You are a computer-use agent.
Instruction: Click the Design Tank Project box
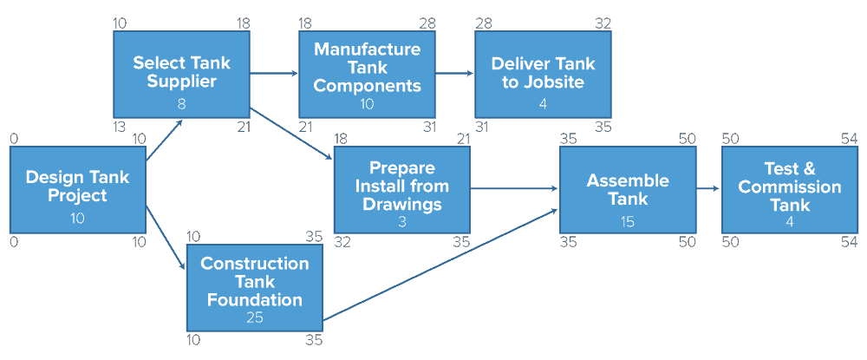click(x=77, y=189)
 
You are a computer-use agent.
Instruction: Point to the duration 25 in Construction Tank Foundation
click(x=254, y=317)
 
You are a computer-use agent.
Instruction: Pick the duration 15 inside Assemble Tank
click(x=628, y=222)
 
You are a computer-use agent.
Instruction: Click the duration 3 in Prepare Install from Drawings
click(x=401, y=221)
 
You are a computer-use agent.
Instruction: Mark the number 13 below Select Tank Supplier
click(x=120, y=127)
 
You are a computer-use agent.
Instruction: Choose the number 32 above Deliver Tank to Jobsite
click(x=603, y=23)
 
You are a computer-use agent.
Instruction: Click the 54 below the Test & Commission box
click(x=849, y=242)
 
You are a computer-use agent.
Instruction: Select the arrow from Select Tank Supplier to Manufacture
click(x=274, y=75)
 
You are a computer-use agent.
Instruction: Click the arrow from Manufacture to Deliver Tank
click(x=454, y=75)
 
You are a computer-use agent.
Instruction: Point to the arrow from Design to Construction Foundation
click(x=166, y=238)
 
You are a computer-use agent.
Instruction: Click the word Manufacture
click(x=368, y=49)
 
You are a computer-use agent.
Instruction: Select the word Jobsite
click(x=555, y=82)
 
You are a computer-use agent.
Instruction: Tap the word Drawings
click(x=401, y=205)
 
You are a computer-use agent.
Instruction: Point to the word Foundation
click(x=254, y=300)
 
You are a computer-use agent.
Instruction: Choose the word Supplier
click(x=181, y=82)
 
